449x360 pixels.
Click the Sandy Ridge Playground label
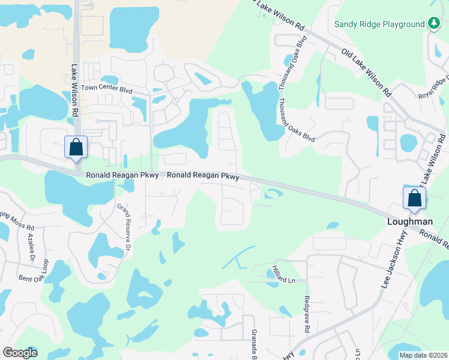coord(379,25)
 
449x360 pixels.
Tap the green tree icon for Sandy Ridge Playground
coord(434,23)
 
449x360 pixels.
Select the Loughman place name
coord(410,221)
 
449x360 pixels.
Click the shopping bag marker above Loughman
coord(415,199)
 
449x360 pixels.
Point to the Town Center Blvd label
coord(106,88)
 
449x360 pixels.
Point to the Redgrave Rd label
coord(306,314)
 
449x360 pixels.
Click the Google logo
coord(20,352)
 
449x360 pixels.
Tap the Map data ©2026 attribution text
coord(423,355)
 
